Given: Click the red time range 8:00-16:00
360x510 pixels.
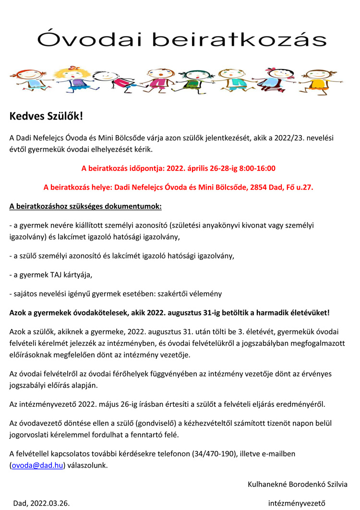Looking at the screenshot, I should pos(254,169).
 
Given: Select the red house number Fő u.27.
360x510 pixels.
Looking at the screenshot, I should pos(300,187).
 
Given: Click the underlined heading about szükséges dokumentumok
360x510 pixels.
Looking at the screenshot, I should pos(86,207).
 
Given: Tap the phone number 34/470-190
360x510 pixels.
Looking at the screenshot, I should pos(214,453).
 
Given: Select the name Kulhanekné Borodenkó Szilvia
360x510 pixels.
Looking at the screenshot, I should pos(297,484).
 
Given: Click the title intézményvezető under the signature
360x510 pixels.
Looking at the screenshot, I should pos(297,503).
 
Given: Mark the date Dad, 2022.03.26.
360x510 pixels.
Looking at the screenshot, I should pos(41,503).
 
